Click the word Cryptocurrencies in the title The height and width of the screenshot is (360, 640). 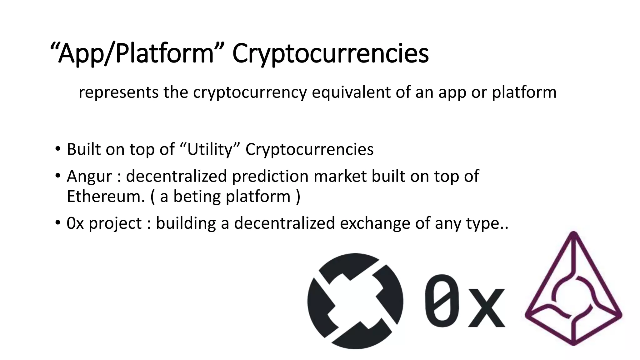330,54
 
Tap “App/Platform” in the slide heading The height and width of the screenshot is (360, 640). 136,54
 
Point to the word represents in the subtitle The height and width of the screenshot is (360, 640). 118,92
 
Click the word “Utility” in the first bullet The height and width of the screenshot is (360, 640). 210,149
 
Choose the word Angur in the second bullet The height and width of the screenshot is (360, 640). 89,176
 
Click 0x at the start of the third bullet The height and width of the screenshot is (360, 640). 75,223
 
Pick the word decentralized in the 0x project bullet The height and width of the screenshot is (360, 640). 284,223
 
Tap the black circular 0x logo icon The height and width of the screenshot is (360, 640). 355,301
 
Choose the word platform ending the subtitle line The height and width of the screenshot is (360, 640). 524,92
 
